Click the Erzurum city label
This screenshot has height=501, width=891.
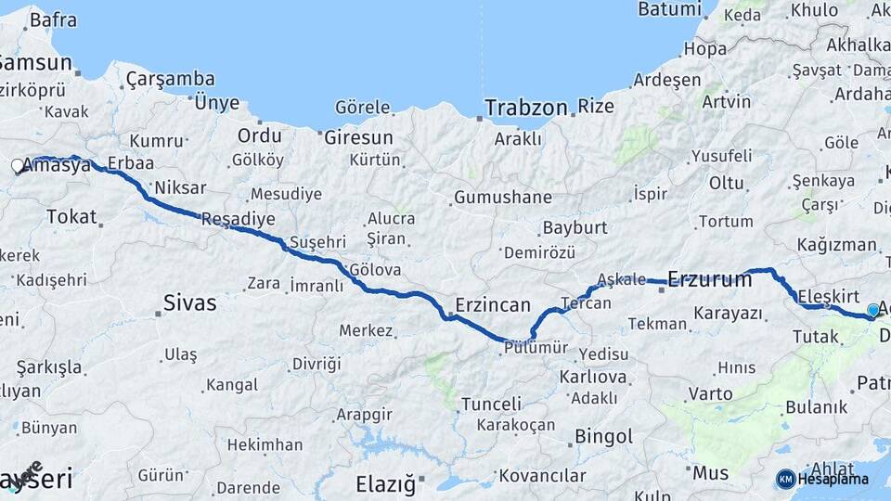pos(710,278)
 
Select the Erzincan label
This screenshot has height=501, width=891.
pos(493,305)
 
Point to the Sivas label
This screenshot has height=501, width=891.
pos(189,302)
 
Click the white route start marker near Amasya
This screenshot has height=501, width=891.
pos(18,167)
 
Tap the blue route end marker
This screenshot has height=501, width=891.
pos(872,311)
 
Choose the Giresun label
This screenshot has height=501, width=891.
pos(359,137)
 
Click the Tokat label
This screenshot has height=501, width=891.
pos(71,217)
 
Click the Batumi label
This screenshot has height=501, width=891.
pos(669,9)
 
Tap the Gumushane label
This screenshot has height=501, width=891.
pos(502,198)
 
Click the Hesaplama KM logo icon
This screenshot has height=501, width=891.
pos(786,479)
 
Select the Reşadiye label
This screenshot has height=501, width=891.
pos(239,220)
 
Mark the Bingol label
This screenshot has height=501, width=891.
pos(604,435)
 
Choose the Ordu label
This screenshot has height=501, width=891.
pos(259,135)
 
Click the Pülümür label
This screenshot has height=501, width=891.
pos(536,348)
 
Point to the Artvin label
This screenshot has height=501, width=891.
pos(727,101)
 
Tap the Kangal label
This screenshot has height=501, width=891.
pos(231,383)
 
